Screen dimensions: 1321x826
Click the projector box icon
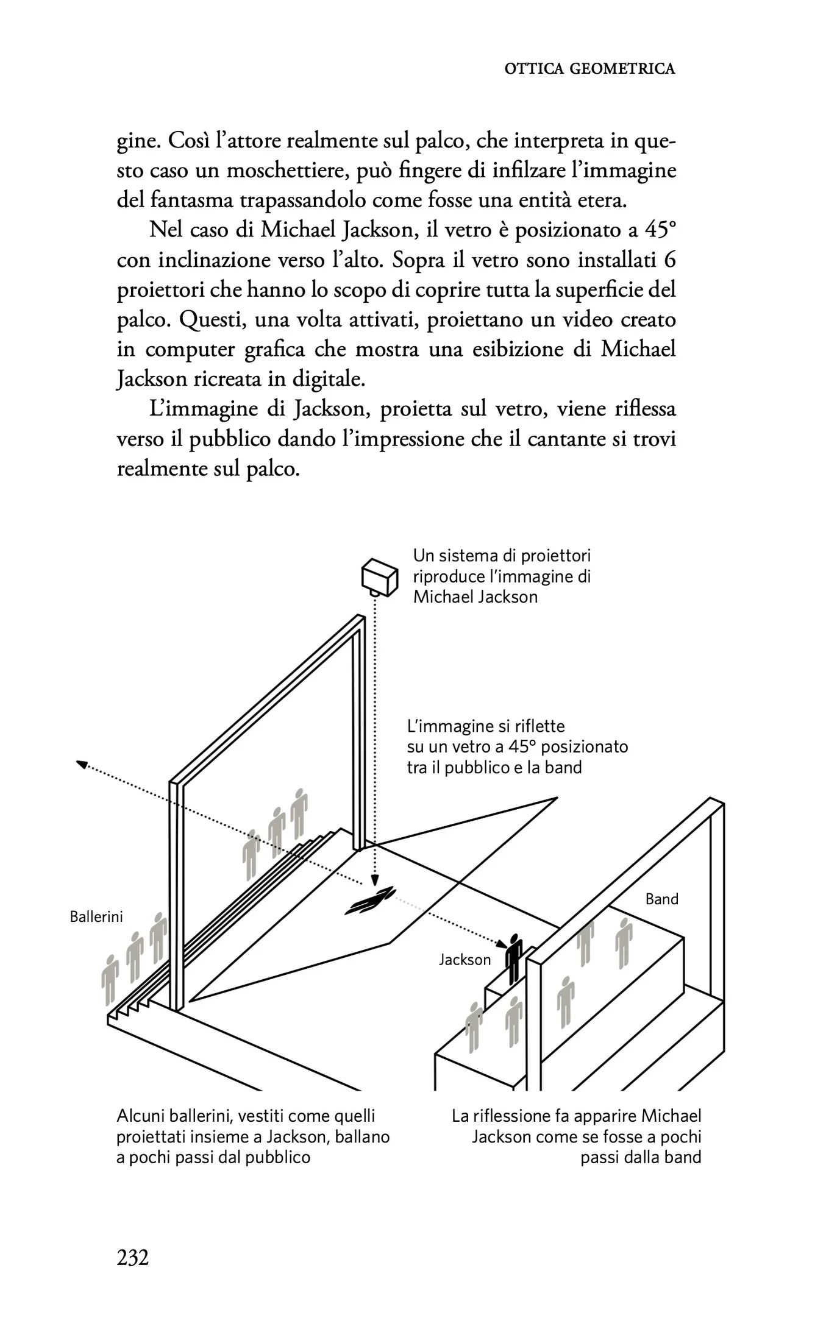tap(380, 576)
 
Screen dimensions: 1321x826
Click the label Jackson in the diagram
tap(465, 960)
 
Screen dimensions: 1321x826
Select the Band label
tap(661, 899)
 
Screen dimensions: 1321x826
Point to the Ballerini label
tap(96, 916)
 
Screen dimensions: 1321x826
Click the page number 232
tap(133, 1257)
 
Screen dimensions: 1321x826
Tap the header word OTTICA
tap(533, 69)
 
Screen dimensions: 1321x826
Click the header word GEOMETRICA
tap(622, 69)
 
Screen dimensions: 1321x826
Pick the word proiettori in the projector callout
tap(554, 556)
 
